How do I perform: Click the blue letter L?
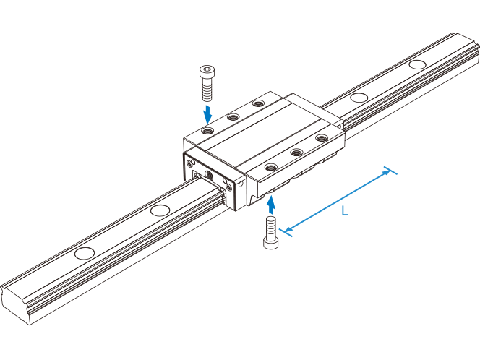[345, 212]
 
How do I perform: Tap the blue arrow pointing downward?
[208, 113]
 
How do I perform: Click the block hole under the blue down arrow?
[208, 132]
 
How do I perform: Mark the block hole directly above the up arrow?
[271, 167]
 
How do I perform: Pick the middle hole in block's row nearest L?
[296, 152]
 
